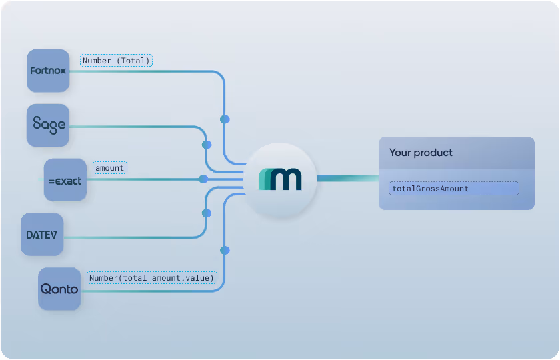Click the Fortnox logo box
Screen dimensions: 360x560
(x=48, y=71)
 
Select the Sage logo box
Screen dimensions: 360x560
(x=48, y=125)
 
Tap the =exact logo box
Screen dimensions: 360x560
(x=65, y=179)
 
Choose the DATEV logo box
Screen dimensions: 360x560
(x=42, y=234)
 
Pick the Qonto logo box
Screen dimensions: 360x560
(x=59, y=289)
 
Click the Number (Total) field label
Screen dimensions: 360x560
(x=117, y=60)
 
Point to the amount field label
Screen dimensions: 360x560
(x=109, y=168)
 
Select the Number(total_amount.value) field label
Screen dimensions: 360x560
(x=151, y=277)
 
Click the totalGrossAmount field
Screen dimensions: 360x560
(x=454, y=189)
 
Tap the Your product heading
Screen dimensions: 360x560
(x=421, y=153)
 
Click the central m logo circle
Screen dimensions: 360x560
(x=280, y=179)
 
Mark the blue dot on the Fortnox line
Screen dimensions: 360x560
(x=225, y=119)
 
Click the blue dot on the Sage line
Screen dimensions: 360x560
(x=207, y=144)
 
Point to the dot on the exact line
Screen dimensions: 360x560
(x=203, y=179)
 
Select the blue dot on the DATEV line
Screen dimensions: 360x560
(x=207, y=213)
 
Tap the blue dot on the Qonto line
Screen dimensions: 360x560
(x=225, y=250)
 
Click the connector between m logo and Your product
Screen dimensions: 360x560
(x=347, y=178)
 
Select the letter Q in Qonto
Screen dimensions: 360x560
(x=45, y=289)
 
